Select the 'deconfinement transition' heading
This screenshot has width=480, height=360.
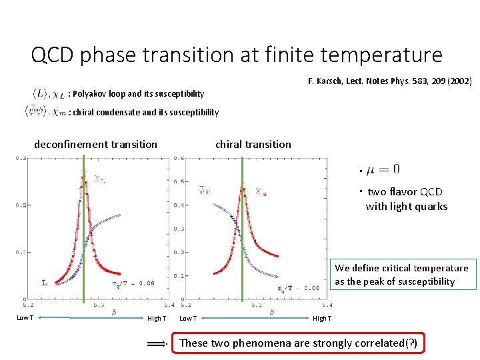[x=95, y=144]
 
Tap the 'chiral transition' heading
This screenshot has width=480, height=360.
[x=253, y=144]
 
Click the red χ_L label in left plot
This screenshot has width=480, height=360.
[x=99, y=179]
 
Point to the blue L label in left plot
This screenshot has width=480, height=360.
[x=44, y=282]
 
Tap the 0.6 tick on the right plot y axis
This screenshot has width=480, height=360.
[x=179, y=158]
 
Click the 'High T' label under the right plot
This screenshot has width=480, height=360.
[x=322, y=319]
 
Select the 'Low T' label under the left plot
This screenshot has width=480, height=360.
[x=25, y=318]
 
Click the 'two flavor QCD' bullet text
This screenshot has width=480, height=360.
[x=405, y=192]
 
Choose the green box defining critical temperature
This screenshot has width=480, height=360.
[x=401, y=275]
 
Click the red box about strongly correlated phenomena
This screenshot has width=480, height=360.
[x=299, y=343]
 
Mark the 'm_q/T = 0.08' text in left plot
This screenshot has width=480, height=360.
[x=133, y=284]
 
